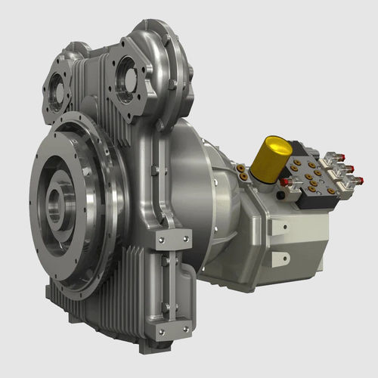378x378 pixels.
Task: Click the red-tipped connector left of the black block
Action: click(x=284, y=182)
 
